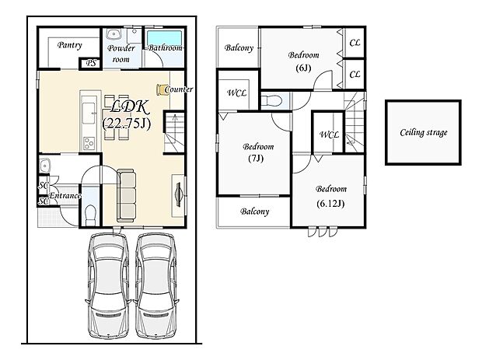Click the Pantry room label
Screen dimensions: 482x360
pyautogui.click(x=70, y=45)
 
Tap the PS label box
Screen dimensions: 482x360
pyautogui.click(x=91, y=63)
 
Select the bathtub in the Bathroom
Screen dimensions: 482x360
pyautogui.click(x=164, y=38)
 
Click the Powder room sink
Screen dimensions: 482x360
pyautogui.click(x=114, y=35)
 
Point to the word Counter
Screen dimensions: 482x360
pyautogui.click(x=179, y=89)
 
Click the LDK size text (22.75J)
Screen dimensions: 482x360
pyautogui.click(x=127, y=124)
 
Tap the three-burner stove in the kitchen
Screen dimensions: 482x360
pyautogui.click(x=89, y=143)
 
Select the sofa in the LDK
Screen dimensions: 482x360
pyautogui.click(x=127, y=195)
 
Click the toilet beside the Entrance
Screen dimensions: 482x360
pyautogui.click(x=90, y=215)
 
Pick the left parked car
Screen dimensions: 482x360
pyautogui.click(x=108, y=285)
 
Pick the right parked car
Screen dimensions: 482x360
pyautogui.click(x=156, y=285)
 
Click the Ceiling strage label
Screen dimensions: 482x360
pyautogui.click(x=423, y=132)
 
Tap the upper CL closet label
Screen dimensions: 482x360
pyautogui.click(x=355, y=43)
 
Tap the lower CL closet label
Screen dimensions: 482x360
pyautogui.click(x=355, y=74)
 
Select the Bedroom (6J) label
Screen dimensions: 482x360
pyautogui.click(x=303, y=61)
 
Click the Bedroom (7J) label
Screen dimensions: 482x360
pyautogui.click(x=257, y=152)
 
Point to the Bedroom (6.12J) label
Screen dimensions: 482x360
pyautogui.click(x=330, y=196)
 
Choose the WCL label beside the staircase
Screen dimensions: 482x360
pyautogui.click(x=329, y=135)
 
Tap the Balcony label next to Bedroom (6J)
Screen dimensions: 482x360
pyautogui.click(x=239, y=47)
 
